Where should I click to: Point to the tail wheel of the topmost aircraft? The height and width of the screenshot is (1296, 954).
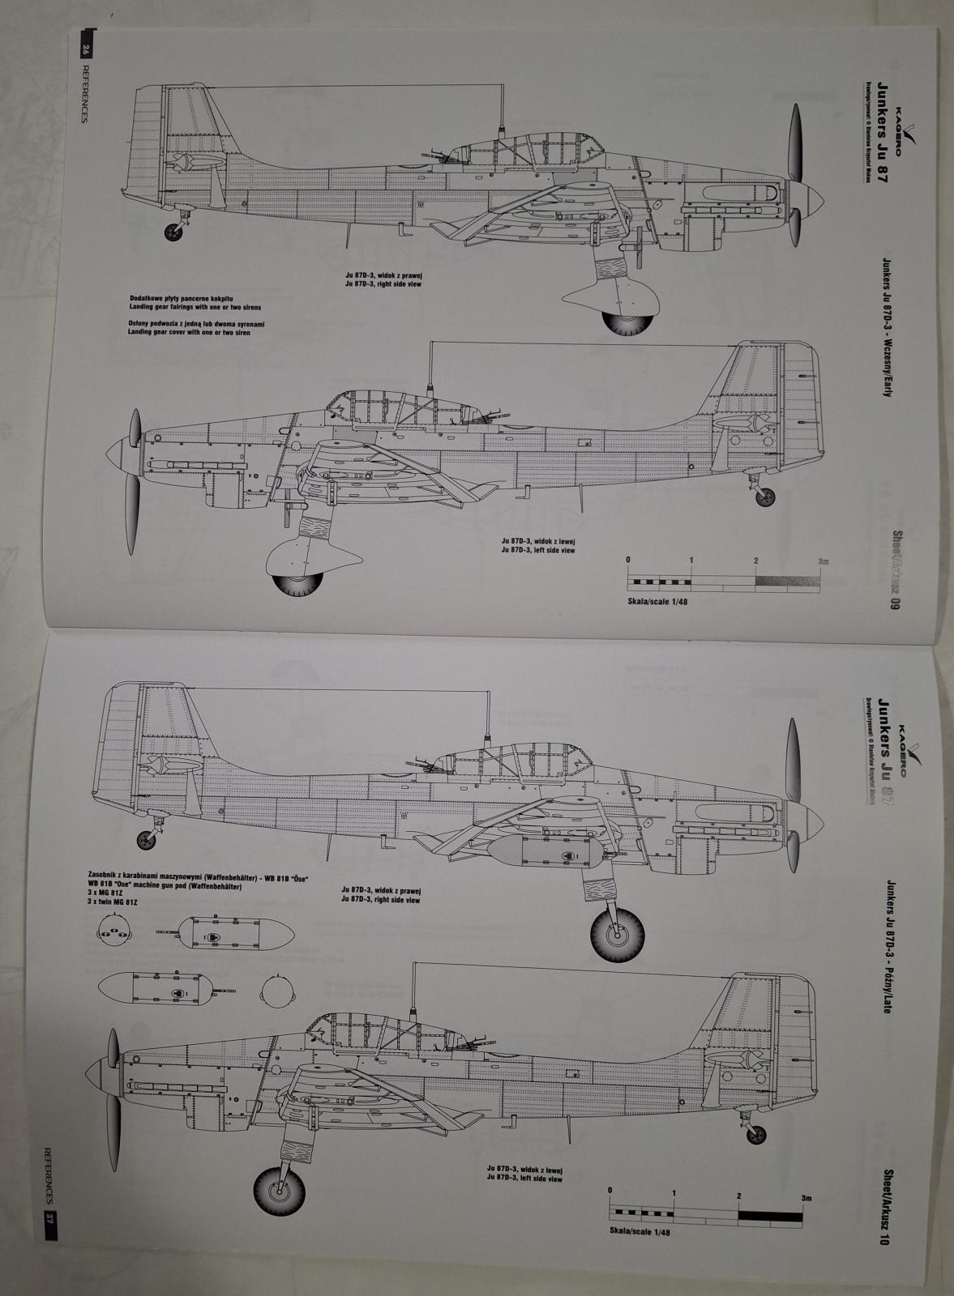(x=173, y=232)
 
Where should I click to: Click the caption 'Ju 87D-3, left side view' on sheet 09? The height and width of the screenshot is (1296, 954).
(x=538, y=550)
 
